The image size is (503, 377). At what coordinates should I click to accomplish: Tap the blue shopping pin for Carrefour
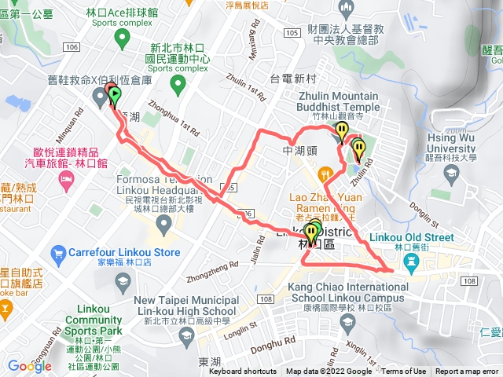(x=57, y=253)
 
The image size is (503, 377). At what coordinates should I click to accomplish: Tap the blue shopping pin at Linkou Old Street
(x=410, y=267)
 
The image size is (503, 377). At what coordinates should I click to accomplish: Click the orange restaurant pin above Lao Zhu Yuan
(x=323, y=174)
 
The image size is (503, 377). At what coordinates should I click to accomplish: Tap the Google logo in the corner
(x=29, y=366)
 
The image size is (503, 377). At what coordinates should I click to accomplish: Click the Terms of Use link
(x=404, y=372)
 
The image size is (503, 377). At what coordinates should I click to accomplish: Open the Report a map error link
(x=467, y=372)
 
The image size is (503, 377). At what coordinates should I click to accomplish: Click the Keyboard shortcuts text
(x=243, y=372)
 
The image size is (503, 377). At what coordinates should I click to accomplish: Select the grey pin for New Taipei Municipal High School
(x=187, y=335)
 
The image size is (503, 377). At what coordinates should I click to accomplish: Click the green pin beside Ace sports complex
(x=120, y=37)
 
